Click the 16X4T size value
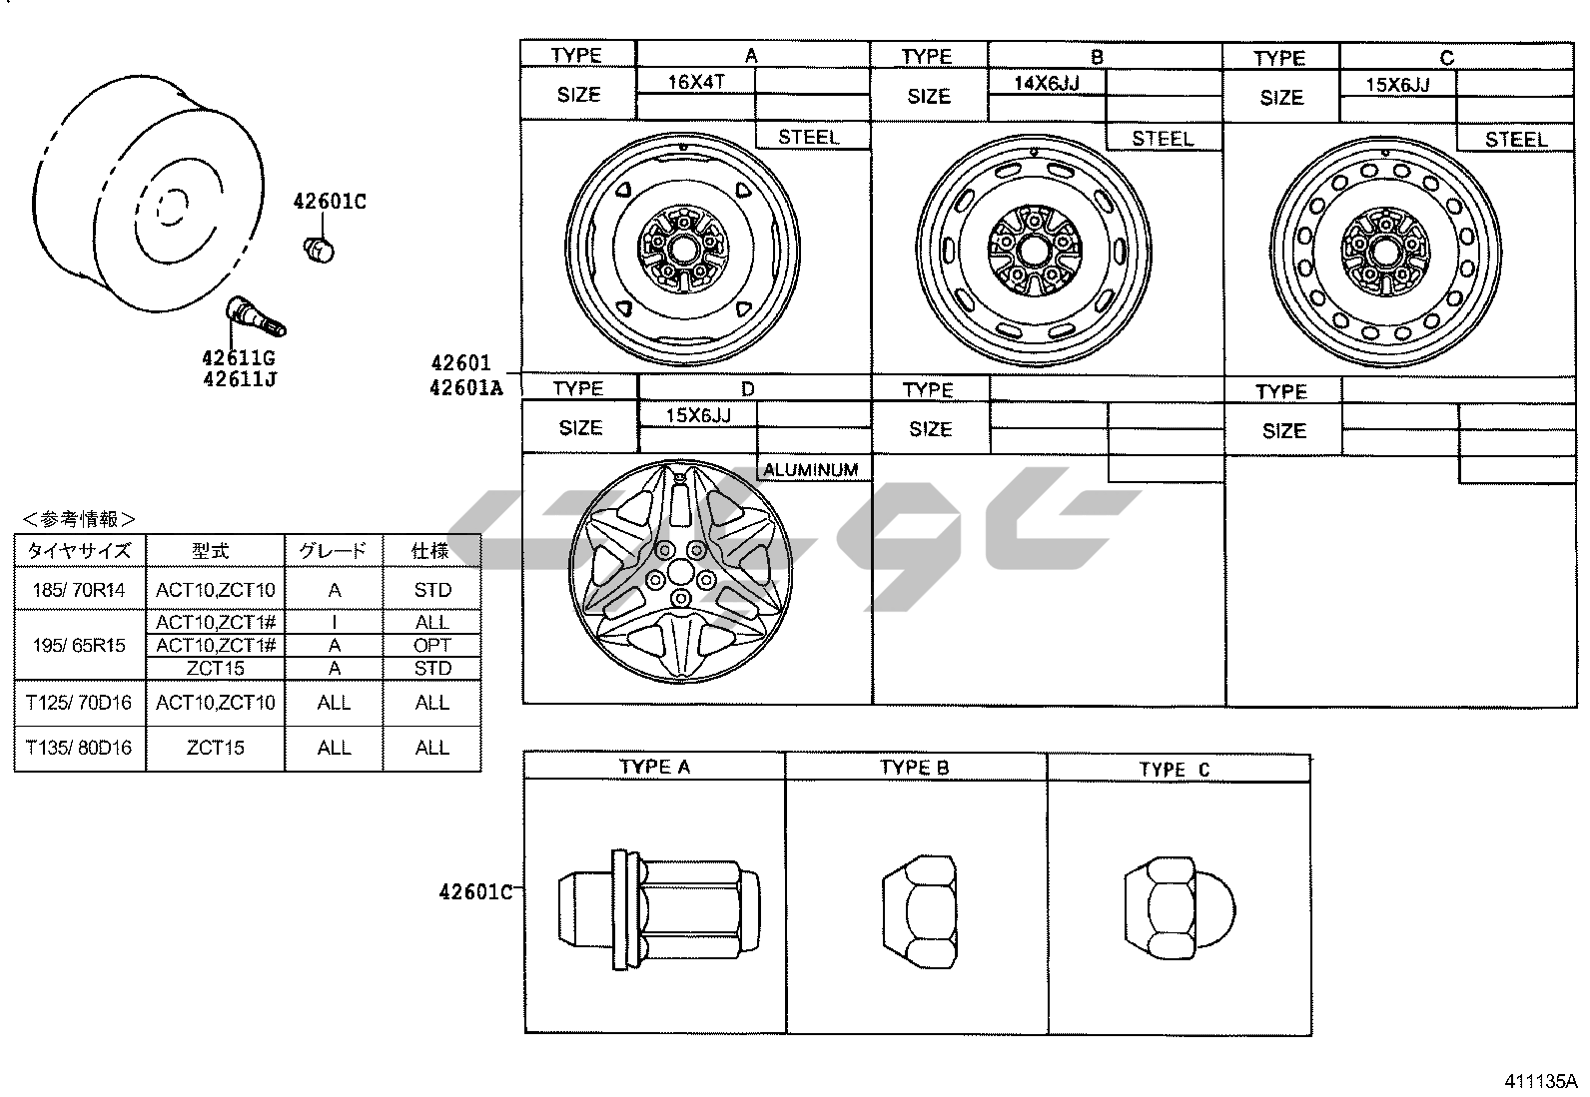695,82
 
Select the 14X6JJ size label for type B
1047,83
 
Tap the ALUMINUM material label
811,470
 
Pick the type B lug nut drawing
920,911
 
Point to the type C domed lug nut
1179,909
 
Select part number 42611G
239,357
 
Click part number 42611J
240,379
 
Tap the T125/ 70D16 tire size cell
79,703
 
